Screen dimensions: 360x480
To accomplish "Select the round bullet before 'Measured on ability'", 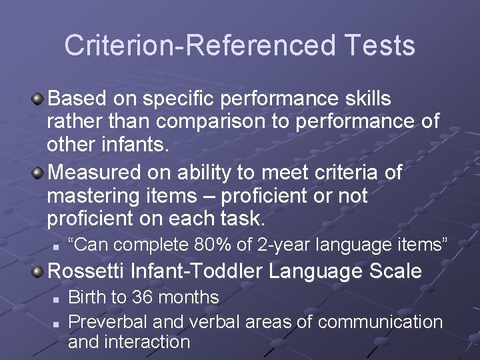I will click(x=39, y=173).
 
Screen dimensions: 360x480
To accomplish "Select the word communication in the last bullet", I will click(x=380, y=322).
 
